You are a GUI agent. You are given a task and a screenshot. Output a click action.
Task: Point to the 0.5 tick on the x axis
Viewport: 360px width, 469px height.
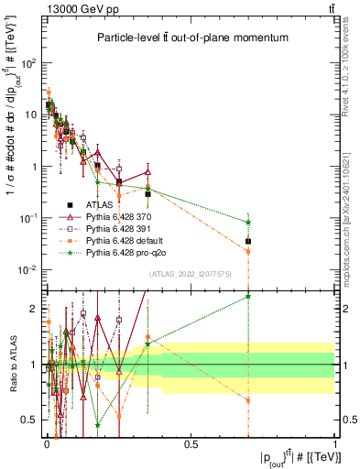point(191,444)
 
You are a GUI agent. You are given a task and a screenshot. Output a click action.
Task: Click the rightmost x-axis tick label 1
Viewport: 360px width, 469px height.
point(335,444)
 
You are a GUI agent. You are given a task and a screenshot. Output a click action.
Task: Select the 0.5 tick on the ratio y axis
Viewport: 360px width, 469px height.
point(34,420)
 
